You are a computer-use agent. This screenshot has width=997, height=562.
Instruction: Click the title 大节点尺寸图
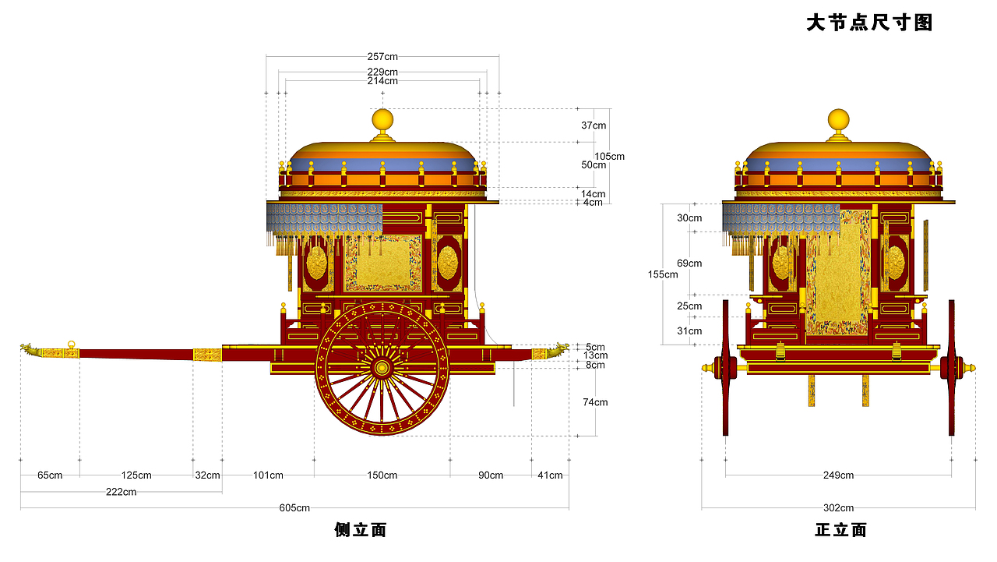coord(869,23)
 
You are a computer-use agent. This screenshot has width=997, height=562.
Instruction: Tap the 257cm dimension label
coord(382,57)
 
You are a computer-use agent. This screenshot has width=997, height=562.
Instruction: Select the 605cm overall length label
coord(294,507)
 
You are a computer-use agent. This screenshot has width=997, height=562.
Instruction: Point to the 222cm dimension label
coord(121,492)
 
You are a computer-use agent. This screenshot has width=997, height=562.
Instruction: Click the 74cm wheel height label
coord(595,402)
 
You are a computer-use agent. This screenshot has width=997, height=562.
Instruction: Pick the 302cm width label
coord(838,507)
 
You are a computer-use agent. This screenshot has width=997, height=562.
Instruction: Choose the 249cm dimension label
coord(838,475)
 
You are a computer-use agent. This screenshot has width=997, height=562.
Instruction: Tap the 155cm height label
coord(663,274)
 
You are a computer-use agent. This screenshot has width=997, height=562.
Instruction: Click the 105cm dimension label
coord(609,157)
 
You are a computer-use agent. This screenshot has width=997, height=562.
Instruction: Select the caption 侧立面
coord(361,530)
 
